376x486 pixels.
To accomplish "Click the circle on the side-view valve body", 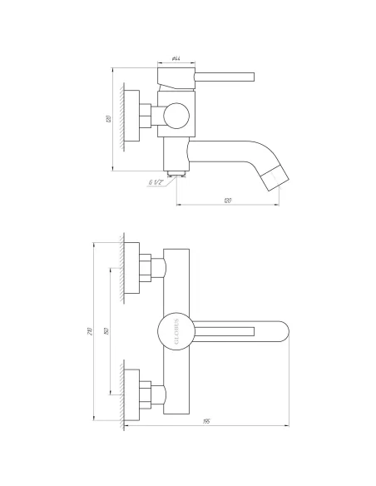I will coord(175,116).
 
